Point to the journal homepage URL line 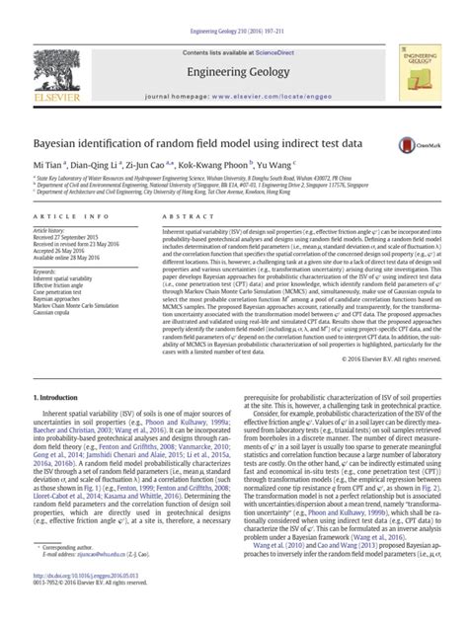pyautogui.click(x=234, y=75)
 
